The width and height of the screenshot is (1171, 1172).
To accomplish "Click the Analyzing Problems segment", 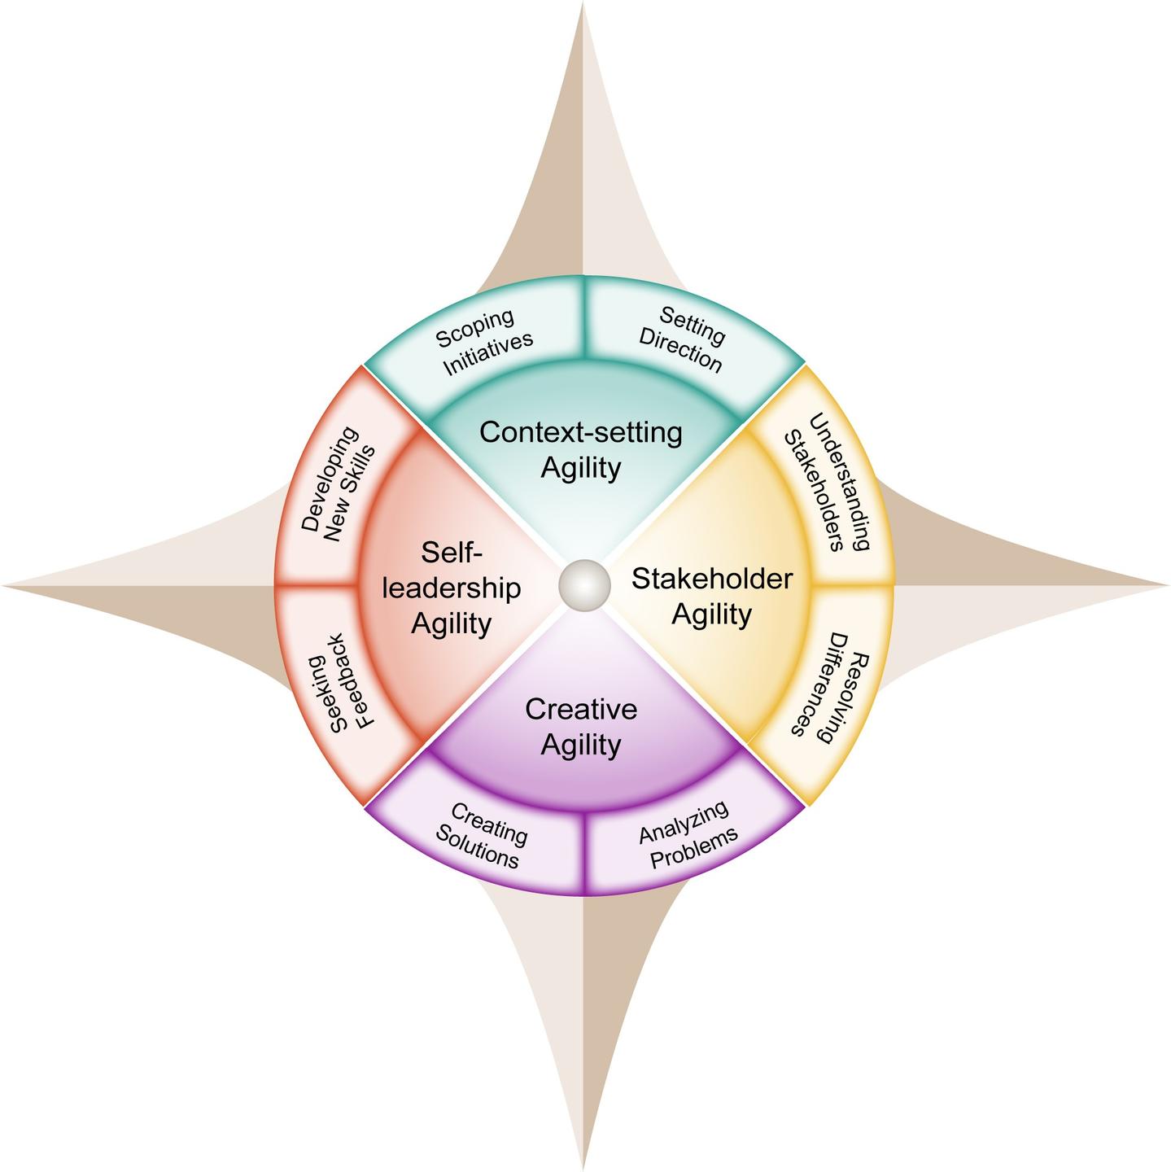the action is pos(688,830).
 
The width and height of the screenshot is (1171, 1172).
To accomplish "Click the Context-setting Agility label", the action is pos(581,450).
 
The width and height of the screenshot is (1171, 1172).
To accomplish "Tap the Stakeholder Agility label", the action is pos(712,596).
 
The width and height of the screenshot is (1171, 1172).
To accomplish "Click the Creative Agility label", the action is pos(581,727).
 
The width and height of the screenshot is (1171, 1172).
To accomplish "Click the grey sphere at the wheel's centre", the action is pos(584,585).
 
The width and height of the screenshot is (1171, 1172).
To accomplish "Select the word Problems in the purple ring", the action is pos(696,848).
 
